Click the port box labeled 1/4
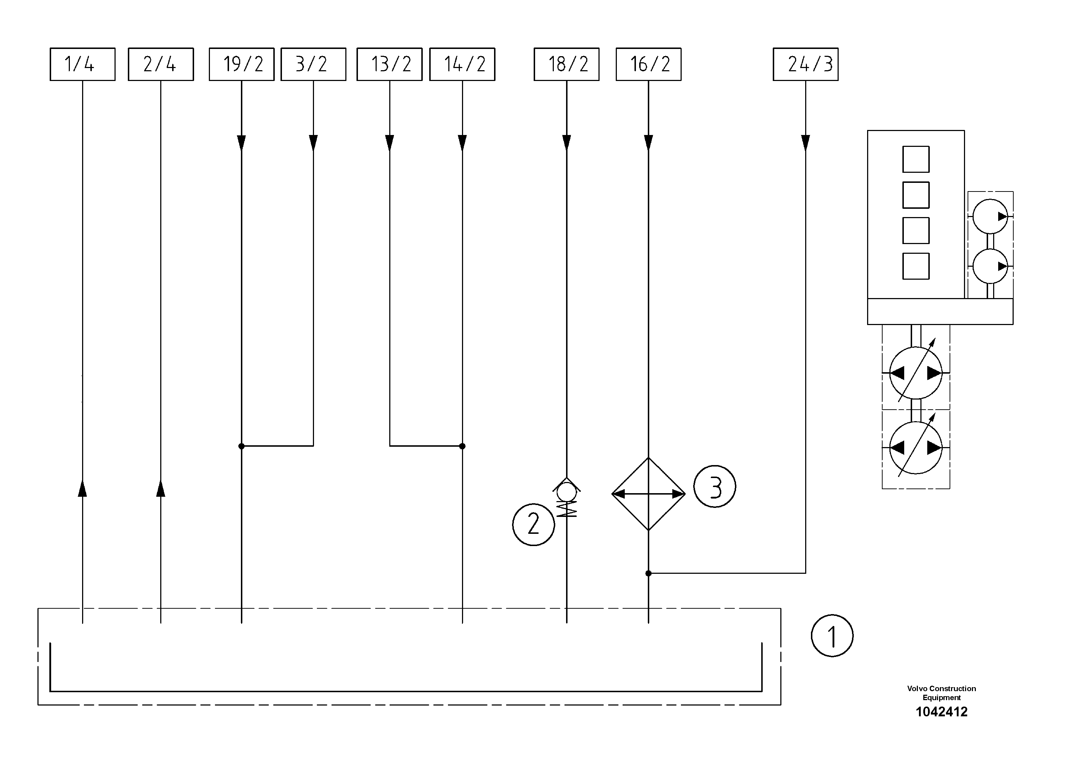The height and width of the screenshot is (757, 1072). pos(82,64)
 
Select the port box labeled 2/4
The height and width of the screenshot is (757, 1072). pos(161,64)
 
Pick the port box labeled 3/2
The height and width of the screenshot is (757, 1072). pos(313,64)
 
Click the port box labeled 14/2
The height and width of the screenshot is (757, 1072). pos(462,64)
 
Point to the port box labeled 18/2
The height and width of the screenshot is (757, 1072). pos(566,64)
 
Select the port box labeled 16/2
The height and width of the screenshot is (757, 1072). pos(649,64)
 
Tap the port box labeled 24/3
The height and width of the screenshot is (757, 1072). pos(806,64)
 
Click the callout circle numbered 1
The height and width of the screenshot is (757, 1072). pos(832,636)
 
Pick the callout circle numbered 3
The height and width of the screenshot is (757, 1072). pos(714,486)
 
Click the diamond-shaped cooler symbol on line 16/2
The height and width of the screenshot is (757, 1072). pos(649,494)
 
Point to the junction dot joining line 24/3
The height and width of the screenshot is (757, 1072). pos(649,573)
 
